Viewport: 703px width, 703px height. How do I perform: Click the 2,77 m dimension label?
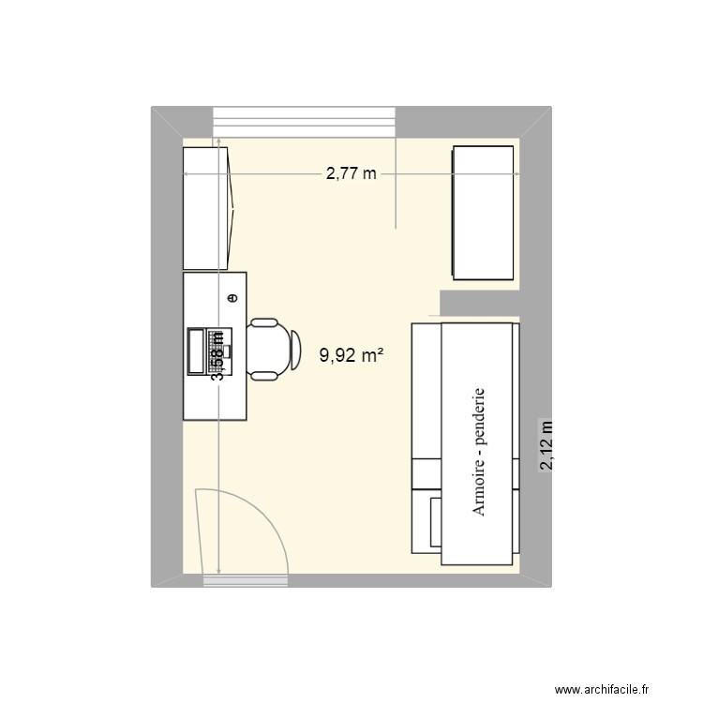pyautogui.click(x=351, y=173)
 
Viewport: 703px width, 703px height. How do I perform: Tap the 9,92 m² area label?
pyautogui.click(x=353, y=355)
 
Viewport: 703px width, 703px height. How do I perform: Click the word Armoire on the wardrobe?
pyautogui.click(x=479, y=480)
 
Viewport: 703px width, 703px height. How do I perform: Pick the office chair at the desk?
pyautogui.click(x=271, y=349)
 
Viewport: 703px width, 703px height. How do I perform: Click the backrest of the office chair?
pyautogui.click(x=294, y=349)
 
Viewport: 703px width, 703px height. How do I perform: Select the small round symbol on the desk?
pyautogui.click(x=232, y=298)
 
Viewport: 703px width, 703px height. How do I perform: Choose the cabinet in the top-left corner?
pyautogui.click(x=206, y=207)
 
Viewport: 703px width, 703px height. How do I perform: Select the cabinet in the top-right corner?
pyautogui.click(x=484, y=212)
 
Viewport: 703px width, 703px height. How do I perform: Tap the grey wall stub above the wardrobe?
pyautogui.click(x=478, y=303)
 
